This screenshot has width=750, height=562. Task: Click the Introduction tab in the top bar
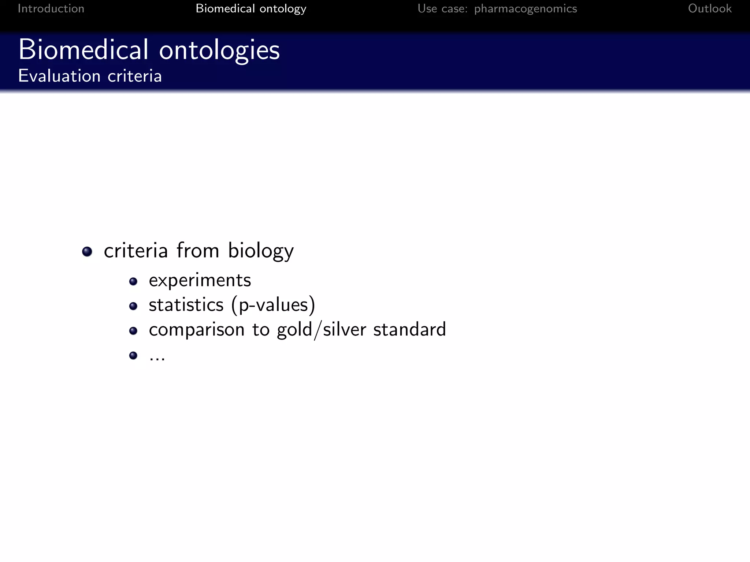pos(51,8)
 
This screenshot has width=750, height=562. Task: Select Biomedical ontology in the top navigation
pos(251,8)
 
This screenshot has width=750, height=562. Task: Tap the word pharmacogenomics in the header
pos(526,8)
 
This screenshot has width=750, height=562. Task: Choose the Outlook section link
pos(710,8)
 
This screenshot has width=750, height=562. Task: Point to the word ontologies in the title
pos(219,50)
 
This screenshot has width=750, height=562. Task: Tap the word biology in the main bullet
pos(261,251)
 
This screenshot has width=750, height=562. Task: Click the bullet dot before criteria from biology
pos(87,251)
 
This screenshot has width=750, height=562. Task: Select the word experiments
pos(200,281)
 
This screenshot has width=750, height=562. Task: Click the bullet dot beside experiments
pos(133,281)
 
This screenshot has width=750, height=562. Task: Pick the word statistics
pos(186,305)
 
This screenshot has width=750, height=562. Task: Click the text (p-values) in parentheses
pos(273,305)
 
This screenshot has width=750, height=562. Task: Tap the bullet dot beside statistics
pos(133,306)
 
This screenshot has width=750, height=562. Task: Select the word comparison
pos(197,330)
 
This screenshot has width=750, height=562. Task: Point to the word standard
pos(409,329)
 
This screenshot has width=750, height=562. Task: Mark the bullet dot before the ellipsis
pos(133,355)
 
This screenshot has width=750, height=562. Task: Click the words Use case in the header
pos(442,8)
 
